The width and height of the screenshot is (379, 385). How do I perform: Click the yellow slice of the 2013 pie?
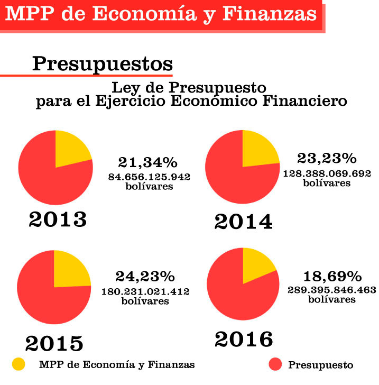click(70, 150)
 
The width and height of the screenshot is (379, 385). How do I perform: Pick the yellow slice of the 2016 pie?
click(255, 265)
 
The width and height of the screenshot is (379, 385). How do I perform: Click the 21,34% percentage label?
click(148, 162)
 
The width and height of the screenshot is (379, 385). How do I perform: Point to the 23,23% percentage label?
click(327, 158)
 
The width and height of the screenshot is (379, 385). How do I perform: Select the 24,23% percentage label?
click(145, 277)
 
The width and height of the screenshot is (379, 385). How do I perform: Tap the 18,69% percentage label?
click(332, 277)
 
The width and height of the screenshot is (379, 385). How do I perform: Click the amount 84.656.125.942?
click(149, 177)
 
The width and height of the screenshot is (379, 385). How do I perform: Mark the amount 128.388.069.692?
click(327, 173)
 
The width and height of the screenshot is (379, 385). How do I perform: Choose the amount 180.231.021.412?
click(145, 292)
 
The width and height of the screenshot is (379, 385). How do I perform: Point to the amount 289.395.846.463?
click(332, 290)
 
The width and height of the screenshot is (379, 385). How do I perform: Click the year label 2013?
click(58, 219)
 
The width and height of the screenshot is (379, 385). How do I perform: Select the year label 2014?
click(244, 222)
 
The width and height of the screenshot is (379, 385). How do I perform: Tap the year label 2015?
click(54, 344)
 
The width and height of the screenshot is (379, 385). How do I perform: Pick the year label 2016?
click(244, 340)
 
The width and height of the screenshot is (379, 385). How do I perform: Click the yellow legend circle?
click(19, 364)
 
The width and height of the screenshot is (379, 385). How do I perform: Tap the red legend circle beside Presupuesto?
click(275, 364)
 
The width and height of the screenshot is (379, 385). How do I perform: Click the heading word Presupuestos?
click(103, 65)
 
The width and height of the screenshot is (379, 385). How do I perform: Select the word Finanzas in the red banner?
click(270, 14)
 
